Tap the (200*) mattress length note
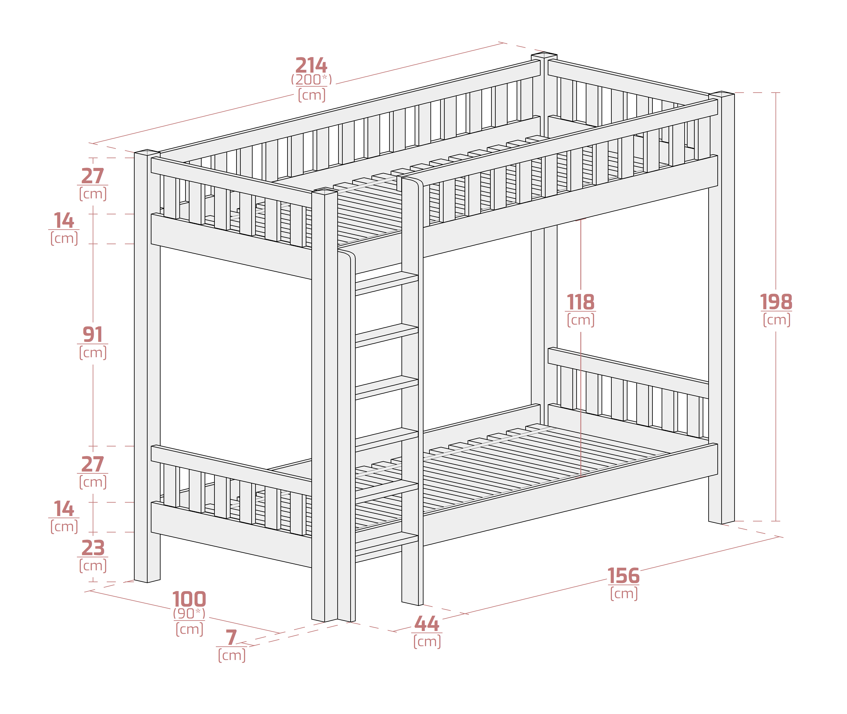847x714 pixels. [311, 80]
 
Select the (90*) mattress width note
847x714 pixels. [189, 614]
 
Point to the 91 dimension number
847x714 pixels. [93, 335]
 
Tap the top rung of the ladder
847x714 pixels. [387, 282]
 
